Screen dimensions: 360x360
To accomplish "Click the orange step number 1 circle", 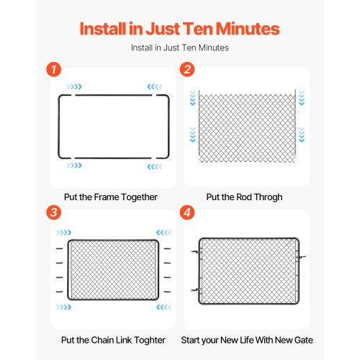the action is point(53,70).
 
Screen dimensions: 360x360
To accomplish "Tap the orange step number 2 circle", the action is point(187,70).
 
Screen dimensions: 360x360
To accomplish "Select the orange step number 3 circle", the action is point(53,212).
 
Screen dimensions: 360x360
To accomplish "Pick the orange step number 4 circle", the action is point(187,212).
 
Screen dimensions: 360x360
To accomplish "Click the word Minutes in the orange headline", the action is point(248,29).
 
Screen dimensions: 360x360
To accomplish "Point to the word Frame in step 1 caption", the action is point(107,197).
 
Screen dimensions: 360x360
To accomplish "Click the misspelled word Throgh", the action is point(268,197).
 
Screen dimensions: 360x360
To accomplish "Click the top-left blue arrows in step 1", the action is point(74,86).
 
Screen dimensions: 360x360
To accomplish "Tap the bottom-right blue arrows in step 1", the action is point(155,166).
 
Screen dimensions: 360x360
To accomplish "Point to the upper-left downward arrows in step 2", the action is point(193,98).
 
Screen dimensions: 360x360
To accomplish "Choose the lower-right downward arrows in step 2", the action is point(302,135).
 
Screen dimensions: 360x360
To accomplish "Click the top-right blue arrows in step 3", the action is point(164,233).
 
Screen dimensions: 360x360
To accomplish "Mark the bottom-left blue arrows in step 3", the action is point(63,307).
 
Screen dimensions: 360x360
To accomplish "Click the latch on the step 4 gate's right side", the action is point(301,257).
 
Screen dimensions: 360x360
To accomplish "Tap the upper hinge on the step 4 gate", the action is point(196,252).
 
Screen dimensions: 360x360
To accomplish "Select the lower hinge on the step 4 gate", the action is point(196,290).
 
